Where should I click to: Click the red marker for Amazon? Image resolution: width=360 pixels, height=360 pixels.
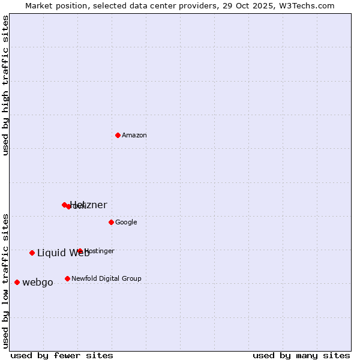pyautogui.click(x=118, y=135)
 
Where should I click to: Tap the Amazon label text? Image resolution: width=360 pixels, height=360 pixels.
pyautogui.click(x=134, y=136)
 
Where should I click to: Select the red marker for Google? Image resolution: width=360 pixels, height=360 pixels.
pyautogui.click(x=111, y=222)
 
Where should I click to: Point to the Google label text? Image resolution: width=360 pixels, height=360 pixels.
pyautogui.click(x=126, y=223)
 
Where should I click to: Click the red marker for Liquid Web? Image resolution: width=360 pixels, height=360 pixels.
pyautogui.click(x=32, y=253)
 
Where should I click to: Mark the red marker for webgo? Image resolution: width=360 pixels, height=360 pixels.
pyautogui.click(x=17, y=282)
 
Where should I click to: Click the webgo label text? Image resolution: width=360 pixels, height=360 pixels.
pyautogui.click(x=38, y=283)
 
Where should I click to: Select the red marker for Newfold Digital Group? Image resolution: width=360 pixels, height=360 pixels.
pyautogui.click(x=67, y=278)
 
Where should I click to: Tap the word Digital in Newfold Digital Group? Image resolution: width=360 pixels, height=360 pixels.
pyautogui.click(x=111, y=278)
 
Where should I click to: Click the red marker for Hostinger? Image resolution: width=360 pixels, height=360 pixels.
pyautogui.click(x=80, y=251)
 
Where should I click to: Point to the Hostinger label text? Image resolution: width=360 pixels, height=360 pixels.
pyautogui.click(x=100, y=251)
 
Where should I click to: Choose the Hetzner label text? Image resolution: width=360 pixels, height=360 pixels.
pyautogui.click(x=89, y=205)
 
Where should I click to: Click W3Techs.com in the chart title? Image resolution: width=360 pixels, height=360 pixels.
pyautogui.click(x=308, y=5)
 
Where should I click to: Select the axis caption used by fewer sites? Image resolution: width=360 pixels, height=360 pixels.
pyautogui.click(x=62, y=355)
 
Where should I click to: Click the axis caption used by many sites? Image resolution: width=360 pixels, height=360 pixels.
pyautogui.click(x=301, y=355)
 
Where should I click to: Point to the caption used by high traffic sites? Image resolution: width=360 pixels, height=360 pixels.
pyautogui.click(x=5, y=85)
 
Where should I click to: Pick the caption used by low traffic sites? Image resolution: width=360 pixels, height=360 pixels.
pyautogui.click(x=5, y=280)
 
